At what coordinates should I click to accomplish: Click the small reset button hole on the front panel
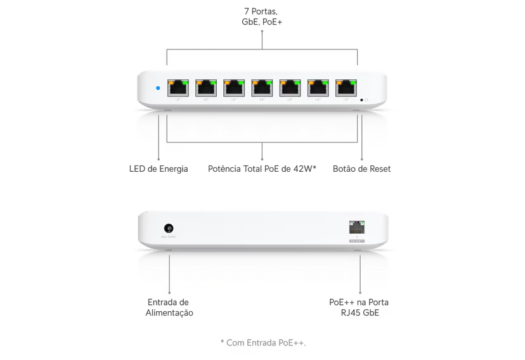[361, 100]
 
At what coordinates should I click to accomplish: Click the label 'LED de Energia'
[159, 169]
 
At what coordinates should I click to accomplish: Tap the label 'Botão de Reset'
[361, 169]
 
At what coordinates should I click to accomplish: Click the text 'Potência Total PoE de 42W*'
[262, 169]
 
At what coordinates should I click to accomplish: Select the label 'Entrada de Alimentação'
[169, 308]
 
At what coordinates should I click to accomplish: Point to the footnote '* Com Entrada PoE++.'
[262, 342]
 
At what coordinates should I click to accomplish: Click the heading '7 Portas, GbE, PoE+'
[262, 17]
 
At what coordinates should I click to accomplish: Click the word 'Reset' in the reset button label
[378, 169]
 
